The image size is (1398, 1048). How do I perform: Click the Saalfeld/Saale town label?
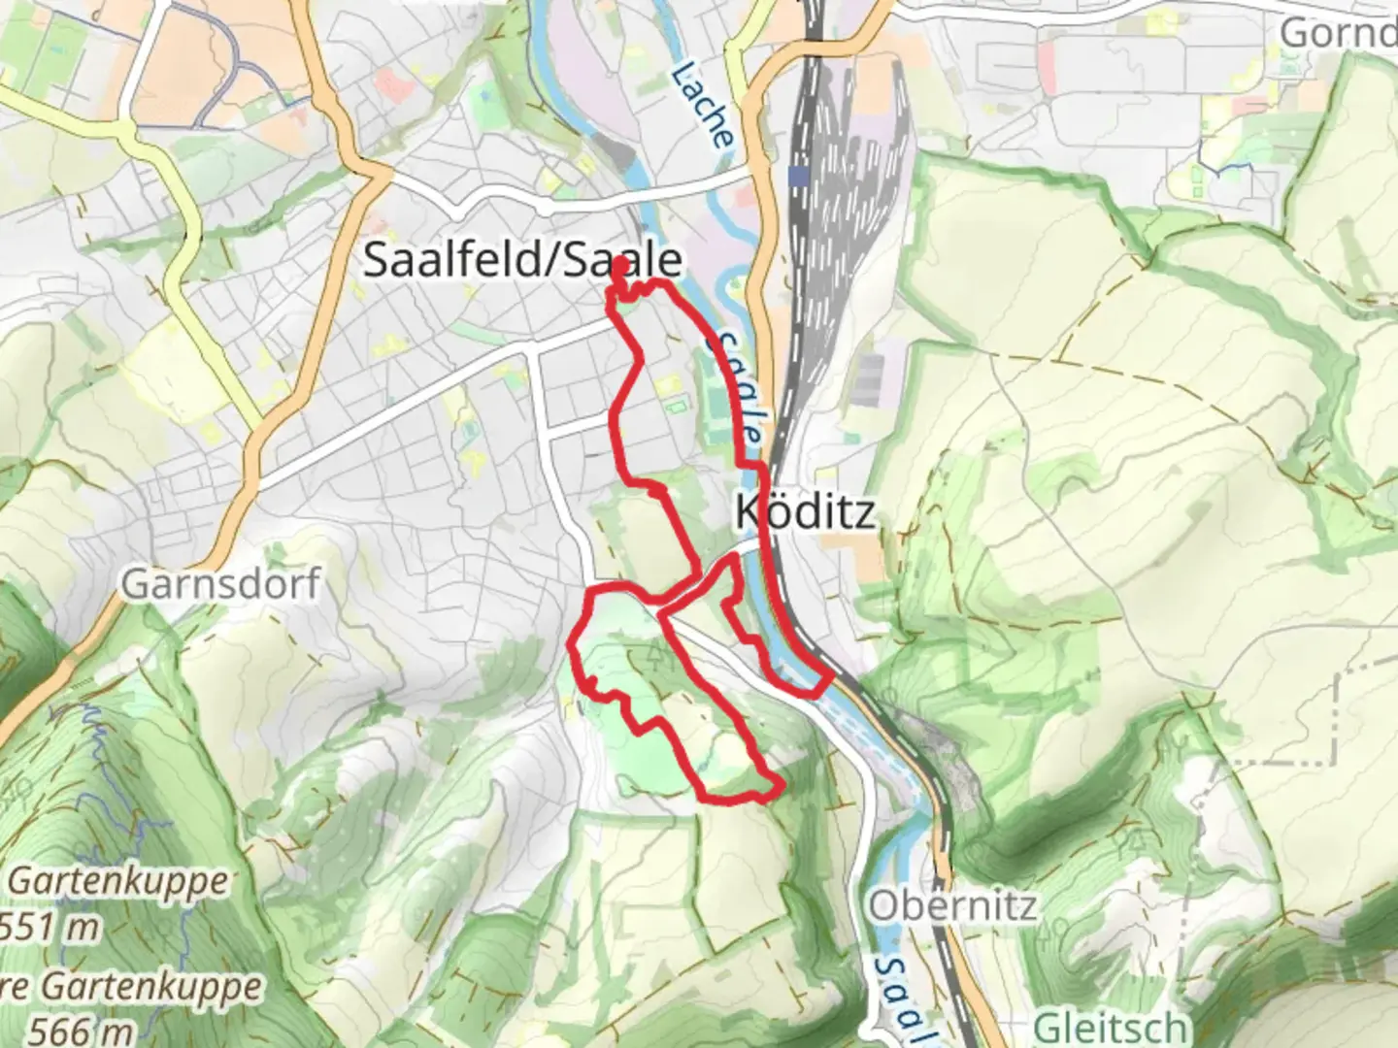(x=521, y=260)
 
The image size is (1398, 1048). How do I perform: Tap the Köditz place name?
(x=805, y=511)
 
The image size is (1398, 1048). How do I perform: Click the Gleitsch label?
(x=1110, y=1027)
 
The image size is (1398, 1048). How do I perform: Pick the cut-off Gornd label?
(x=1338, y=33)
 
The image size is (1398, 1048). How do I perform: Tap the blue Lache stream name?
(x=702, y=105)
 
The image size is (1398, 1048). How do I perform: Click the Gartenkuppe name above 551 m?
(x=119, y=882)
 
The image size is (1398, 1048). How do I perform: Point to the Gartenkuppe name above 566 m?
(x=131, y=987)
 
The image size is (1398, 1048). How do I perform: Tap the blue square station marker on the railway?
(x=799, y=176)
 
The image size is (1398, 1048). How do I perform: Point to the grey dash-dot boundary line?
(x=1340, y=699)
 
